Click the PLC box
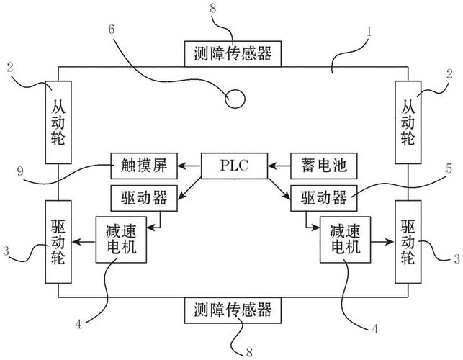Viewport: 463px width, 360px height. (x=233, y=166)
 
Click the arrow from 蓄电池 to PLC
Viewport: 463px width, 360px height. (x=279, y=166)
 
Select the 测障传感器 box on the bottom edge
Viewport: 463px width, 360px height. (x=232, y=310)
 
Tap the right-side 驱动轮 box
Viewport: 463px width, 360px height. (x=408, y=243)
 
